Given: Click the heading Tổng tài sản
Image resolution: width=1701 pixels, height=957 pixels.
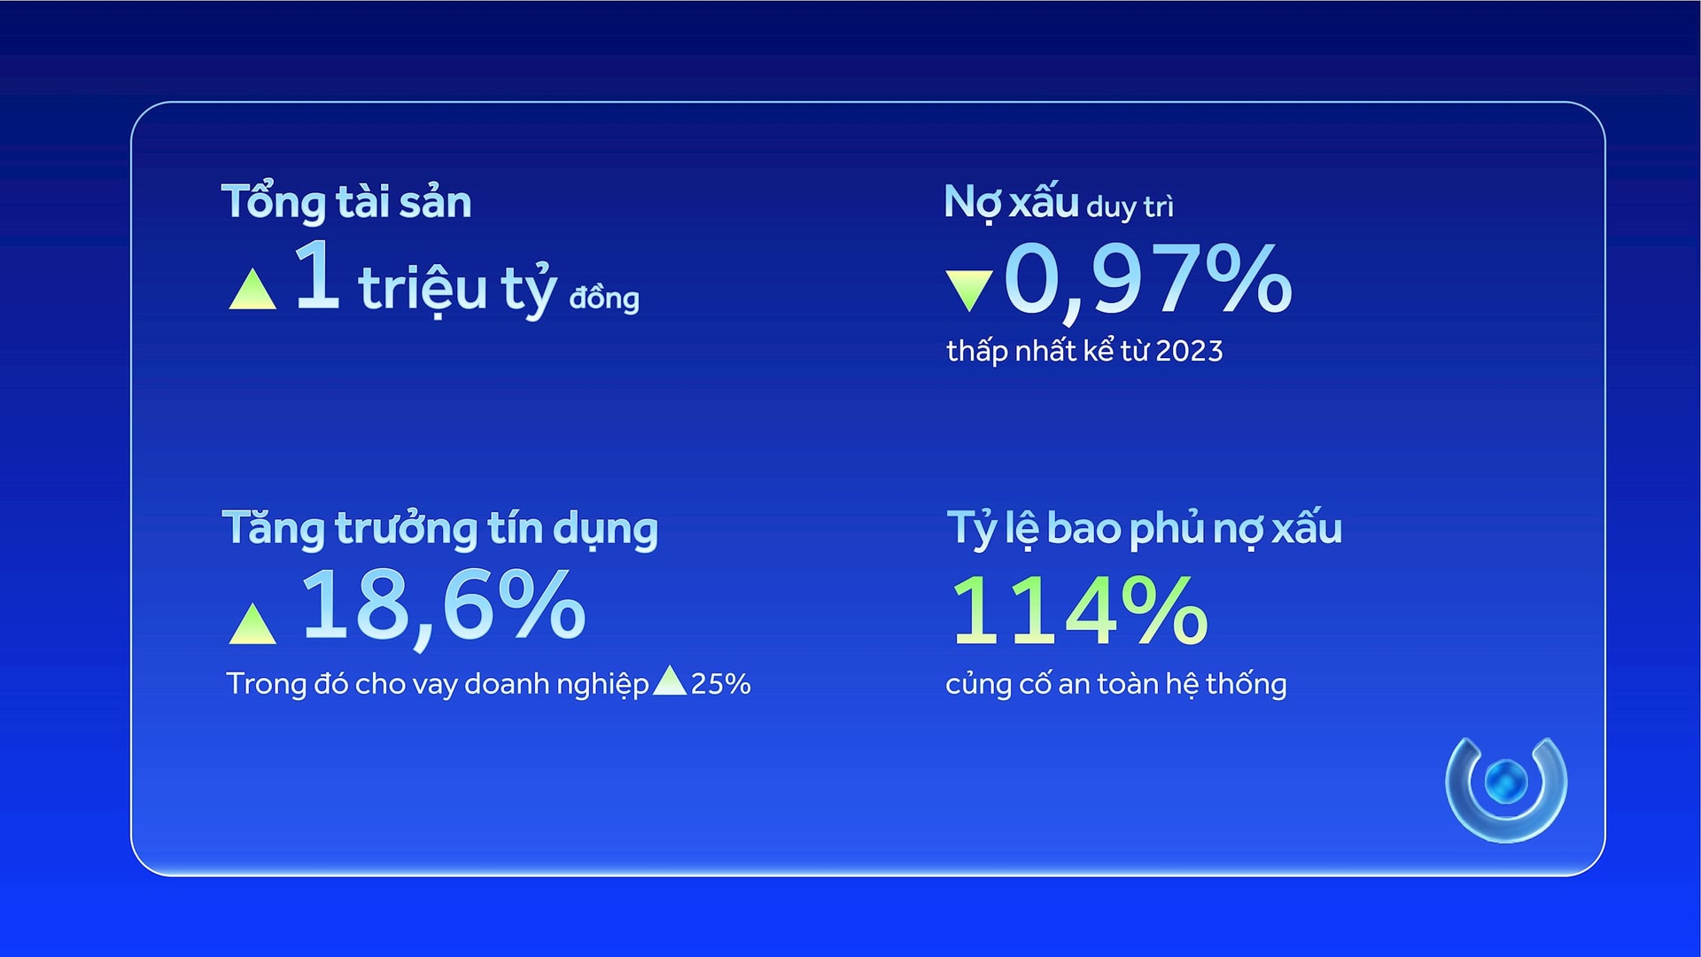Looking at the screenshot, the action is point(346,201).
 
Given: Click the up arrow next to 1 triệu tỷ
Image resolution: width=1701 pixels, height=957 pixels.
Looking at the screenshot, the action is point(252,289).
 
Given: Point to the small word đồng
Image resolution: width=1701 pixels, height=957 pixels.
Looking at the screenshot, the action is point(604,297).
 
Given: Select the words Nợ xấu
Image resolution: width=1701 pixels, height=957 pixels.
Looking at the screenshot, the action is point(1011,203).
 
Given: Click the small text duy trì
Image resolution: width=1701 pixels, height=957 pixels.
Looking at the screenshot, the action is point(1130,206).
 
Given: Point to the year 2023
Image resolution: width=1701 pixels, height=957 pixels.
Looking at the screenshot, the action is point(1189,351).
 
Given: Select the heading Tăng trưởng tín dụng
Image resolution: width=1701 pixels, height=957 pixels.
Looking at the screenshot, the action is point(440,529).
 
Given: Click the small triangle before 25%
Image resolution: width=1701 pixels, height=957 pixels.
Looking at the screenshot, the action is point(669,681).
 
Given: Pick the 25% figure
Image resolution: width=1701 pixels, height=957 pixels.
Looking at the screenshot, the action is point(720,684).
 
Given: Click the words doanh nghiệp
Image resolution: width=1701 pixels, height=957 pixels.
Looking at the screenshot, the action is point(556,684).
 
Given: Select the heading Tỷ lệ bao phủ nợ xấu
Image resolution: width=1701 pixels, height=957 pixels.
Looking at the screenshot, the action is point(1145,528).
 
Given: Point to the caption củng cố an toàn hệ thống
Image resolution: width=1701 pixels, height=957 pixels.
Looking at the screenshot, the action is point(1116,684).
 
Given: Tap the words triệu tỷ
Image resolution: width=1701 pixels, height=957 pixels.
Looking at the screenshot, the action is point(458,288).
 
